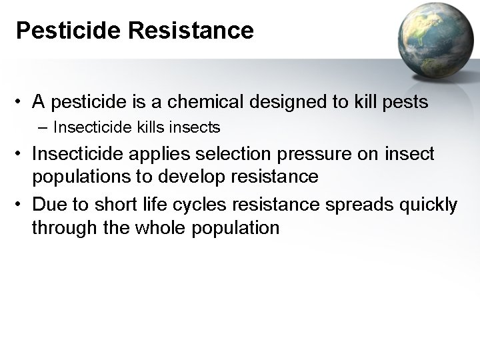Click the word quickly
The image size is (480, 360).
pyautogui.click(x=425, y=204)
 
